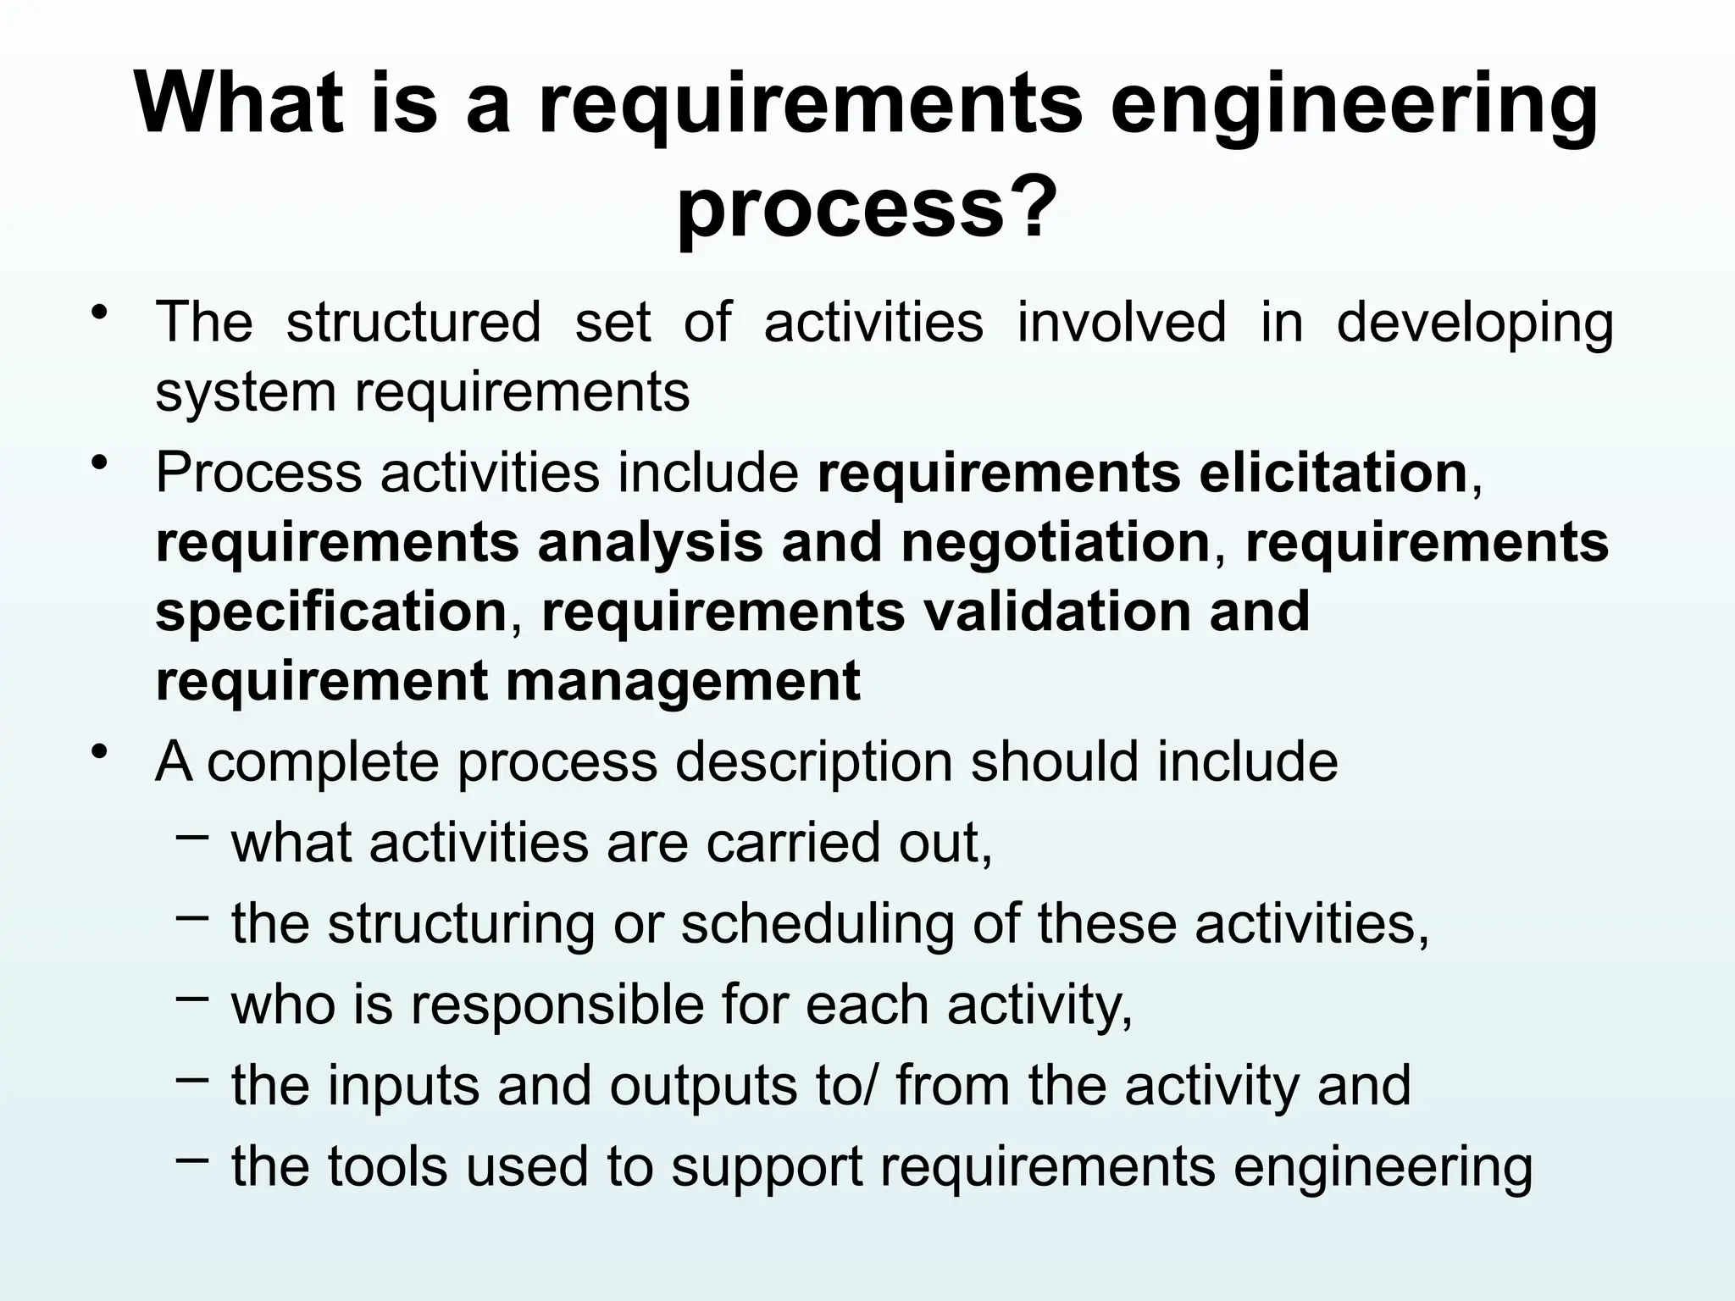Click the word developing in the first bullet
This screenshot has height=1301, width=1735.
point(1475,324)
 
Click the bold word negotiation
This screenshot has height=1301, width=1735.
point(1055,543)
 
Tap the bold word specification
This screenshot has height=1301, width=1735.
point(331,612)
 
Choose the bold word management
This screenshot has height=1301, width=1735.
point(683,681)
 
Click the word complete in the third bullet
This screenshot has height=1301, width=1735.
point(323,762)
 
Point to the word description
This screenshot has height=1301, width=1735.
point(813,762)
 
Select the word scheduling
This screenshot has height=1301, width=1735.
point(817,924)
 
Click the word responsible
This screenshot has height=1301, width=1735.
point(558,1005)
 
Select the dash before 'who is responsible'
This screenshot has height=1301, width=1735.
point(192,998)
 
